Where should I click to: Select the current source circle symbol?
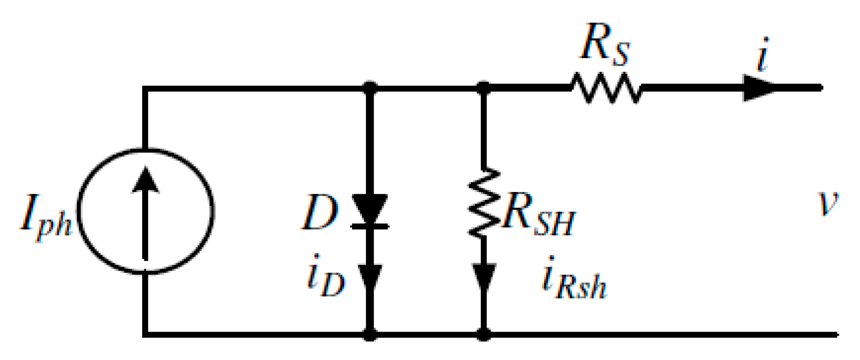coord(146,211)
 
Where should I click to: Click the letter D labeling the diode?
coord(319,213)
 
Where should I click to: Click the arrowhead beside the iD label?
coord(370,278)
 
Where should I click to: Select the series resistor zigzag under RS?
coord(605,88)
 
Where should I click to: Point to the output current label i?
coord(763,55)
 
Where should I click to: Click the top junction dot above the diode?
coord(370,88)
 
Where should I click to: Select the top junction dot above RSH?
coord(484,88)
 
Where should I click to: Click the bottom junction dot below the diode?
coord(370,335)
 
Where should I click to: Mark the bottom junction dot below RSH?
coord(484,335)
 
